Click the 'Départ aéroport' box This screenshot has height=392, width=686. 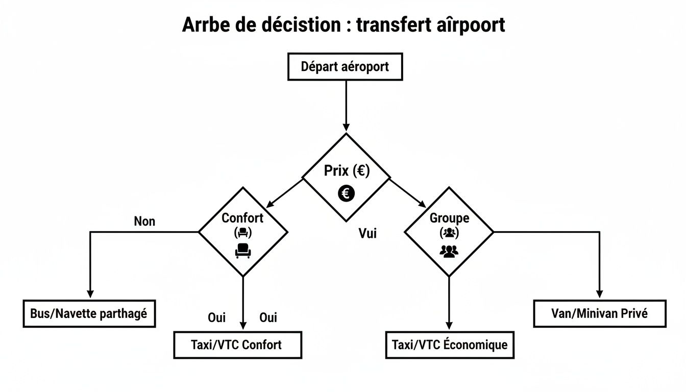345,67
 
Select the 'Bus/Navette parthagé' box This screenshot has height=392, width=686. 89,313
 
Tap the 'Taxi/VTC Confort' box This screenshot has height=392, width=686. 237,345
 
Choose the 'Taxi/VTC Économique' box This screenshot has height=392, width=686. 449,345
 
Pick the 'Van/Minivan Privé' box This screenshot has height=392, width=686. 599,313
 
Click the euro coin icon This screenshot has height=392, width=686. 346,193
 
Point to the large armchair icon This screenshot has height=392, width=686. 243,250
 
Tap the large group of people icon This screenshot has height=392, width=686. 449,251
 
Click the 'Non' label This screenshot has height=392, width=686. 144,222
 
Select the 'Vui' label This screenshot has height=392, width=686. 367,234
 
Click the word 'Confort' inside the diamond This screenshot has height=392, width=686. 242,218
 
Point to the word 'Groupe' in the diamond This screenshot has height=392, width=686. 449,218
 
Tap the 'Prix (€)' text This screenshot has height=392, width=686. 346,170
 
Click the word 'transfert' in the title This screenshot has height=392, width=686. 390,24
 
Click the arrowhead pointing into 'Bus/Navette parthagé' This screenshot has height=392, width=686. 90,294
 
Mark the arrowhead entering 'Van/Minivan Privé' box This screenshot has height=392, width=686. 599,294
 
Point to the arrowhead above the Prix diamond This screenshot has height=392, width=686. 346,127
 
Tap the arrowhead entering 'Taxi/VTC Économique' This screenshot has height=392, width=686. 449,325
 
